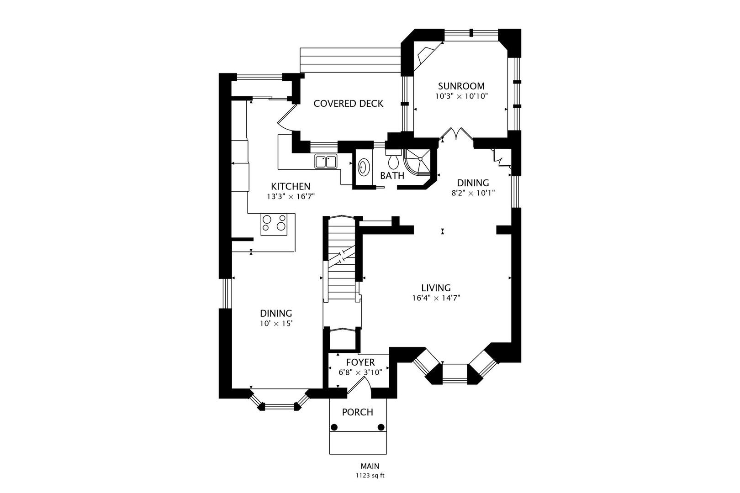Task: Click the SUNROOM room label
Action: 461,86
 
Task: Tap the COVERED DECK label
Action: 348,104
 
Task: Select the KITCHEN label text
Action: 291,186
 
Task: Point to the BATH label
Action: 392,176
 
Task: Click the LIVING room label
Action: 436,288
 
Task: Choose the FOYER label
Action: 360,362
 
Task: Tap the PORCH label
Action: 358,412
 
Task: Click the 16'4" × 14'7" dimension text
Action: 436,298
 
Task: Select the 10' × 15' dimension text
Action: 276,324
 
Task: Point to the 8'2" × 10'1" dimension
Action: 473,193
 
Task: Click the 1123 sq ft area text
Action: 370,476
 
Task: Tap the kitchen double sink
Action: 326,162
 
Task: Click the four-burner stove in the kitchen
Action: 274,224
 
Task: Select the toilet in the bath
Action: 393,160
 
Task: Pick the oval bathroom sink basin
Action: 364,168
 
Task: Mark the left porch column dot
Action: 334,427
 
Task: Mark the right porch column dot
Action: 381,427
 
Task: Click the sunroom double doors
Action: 456,134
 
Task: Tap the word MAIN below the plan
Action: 370,466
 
